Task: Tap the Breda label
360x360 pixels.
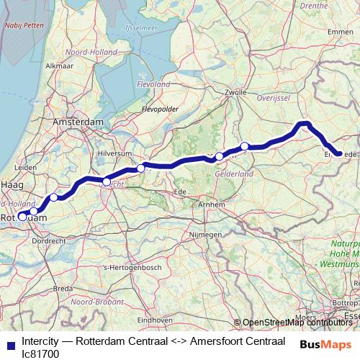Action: tap(65, 288)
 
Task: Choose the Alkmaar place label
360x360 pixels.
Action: tap(59, 66)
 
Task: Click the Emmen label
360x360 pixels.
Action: tap(340, 32)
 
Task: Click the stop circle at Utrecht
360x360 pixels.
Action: tap(107, 181)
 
